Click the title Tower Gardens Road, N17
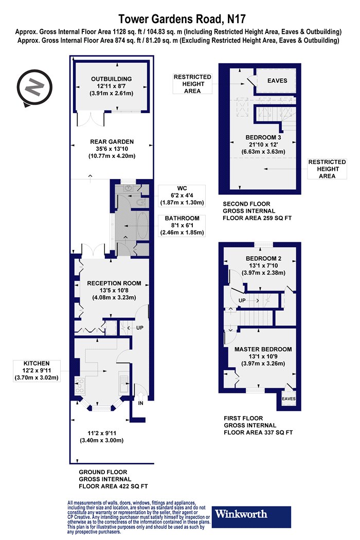(x=182, y=19)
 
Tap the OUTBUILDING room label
(x=111, y=79)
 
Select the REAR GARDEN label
(x=112, y=141)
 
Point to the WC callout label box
(x=182, y=195)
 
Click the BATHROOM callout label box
(x=182, y=225)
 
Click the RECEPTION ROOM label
(x=114, y=283)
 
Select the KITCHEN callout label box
(x=37, y=371)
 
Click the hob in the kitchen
(x=80, y=386)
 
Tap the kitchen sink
(x=123, y=383)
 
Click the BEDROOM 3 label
(x=263, y=137)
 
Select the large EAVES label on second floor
(x=277, y=81)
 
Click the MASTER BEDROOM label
(x=263, y=349)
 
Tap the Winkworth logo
(x=251, y=517)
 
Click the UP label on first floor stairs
(x=242, y=300)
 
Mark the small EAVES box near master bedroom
(x=289, y=399)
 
